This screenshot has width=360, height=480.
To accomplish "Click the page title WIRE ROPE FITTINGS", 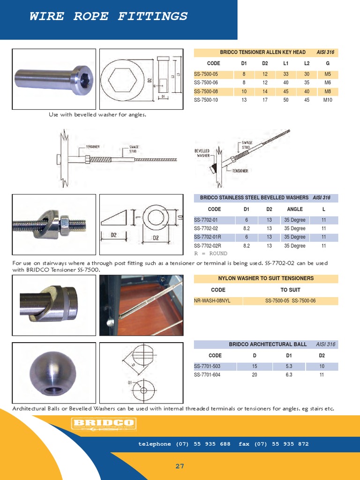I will [x=108, y=16].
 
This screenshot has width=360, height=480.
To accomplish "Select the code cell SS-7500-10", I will [x=206, y=100].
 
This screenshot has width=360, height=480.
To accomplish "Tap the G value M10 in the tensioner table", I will [x=328, y=100].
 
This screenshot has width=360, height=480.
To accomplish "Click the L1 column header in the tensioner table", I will [x=285, y=63].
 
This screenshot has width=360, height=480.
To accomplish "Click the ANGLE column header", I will [x=295, y=210].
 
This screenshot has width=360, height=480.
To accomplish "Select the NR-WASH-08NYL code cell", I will [x=212, y=300].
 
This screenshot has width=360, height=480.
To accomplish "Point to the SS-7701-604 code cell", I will [x=207, y=375].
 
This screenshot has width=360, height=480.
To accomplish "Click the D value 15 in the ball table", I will [x=255, y=366].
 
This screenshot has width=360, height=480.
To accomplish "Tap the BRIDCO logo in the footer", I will [x=103, y=424].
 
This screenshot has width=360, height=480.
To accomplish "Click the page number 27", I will [x=180, y=466].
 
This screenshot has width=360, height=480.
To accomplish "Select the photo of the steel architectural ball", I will [x=53, y=371].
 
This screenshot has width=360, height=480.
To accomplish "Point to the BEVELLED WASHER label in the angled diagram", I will [x=202, y=153].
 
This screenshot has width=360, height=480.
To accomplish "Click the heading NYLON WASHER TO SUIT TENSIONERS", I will [x=266, y=278].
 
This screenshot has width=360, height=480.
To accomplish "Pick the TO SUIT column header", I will [x=291, y=290].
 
